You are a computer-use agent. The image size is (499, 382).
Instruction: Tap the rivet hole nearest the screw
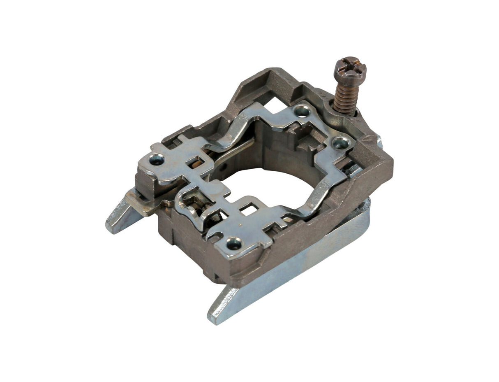tap(303, 110)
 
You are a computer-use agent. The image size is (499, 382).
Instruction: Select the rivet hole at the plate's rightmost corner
tap(341, 143)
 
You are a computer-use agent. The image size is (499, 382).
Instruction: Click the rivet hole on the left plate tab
tap(157, 159)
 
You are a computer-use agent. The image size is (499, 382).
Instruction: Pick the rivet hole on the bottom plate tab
tap(234, 244)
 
